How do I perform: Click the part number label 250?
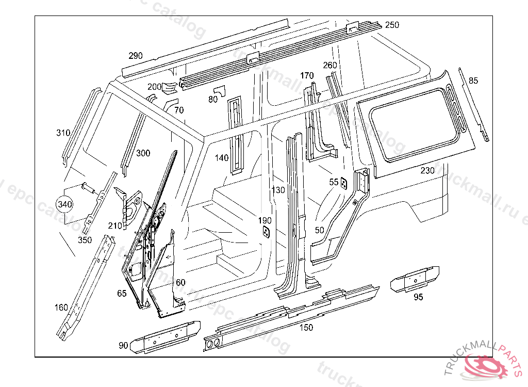pos(392,25)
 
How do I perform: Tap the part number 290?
pos(136,56)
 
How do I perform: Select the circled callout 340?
pos(65,204)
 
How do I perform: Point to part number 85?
pos(473,80)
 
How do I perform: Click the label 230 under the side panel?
pos(427,170)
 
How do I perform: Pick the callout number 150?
pos(306,327)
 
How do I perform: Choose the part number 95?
pos(418,297)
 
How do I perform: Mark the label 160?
pos(61,308)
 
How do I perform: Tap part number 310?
pos(63,133)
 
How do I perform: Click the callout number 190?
pos(265,220)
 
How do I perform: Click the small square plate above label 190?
pos(266,232)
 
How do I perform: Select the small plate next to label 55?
pos(344,184)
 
